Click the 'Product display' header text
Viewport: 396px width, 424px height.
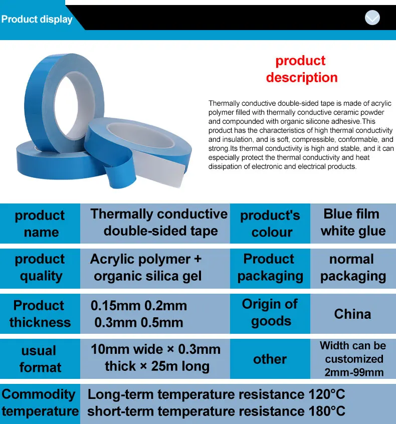tap(37, 20)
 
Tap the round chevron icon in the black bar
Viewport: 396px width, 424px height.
tap(372, 19)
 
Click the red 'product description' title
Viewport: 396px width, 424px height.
tap(301, 69)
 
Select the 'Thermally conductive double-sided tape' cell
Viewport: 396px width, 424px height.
tap(159, 223)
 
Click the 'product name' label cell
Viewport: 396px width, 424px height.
tap(40, 224)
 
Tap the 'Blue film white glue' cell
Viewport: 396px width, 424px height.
tap(353, 223)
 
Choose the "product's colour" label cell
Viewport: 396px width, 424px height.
tap(270, 224)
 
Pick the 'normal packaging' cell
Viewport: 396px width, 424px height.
tap(353, 268)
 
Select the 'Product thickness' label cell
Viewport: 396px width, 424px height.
tap(40, 314)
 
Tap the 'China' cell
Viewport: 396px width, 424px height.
tap(353, 314)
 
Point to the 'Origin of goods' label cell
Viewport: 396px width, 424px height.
tap(270, 313)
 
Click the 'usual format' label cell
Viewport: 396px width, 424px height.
tap(40, 359)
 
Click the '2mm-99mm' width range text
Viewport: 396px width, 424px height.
tap(354, 372)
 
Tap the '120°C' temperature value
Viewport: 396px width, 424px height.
tap(326, 394)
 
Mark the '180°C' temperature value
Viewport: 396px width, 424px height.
tap(326, 411)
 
